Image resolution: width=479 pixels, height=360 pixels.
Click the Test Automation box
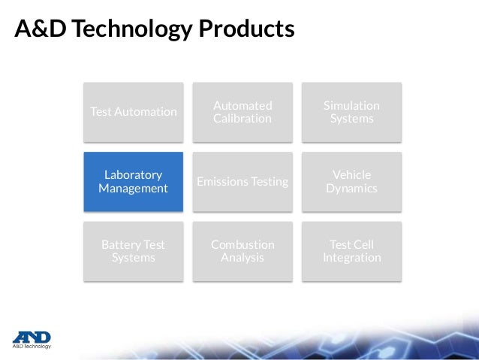pos(133,112)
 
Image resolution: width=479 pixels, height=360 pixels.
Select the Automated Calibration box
pos(242,112)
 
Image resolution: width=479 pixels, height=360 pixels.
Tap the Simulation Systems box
pos(351,112)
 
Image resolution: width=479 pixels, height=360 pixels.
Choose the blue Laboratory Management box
pos(133,182)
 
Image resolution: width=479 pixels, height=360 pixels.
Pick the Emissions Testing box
pos(242,182)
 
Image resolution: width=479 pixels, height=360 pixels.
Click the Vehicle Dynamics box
pos(351,182)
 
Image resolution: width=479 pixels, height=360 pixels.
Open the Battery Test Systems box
pos(133,252)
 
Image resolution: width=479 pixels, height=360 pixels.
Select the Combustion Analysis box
pos(242,252)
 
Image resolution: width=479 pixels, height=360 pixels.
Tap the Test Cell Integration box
pos(351,252)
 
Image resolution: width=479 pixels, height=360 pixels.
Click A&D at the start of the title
pos(37,29)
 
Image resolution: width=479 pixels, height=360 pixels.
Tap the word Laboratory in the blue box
pos(133,175)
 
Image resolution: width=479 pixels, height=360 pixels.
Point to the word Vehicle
pos(351,175)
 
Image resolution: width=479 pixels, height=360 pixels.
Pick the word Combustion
pos(242,245)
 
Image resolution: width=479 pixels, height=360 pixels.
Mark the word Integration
pos(351,259)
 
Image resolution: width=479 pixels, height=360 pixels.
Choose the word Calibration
pos(242,119)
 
